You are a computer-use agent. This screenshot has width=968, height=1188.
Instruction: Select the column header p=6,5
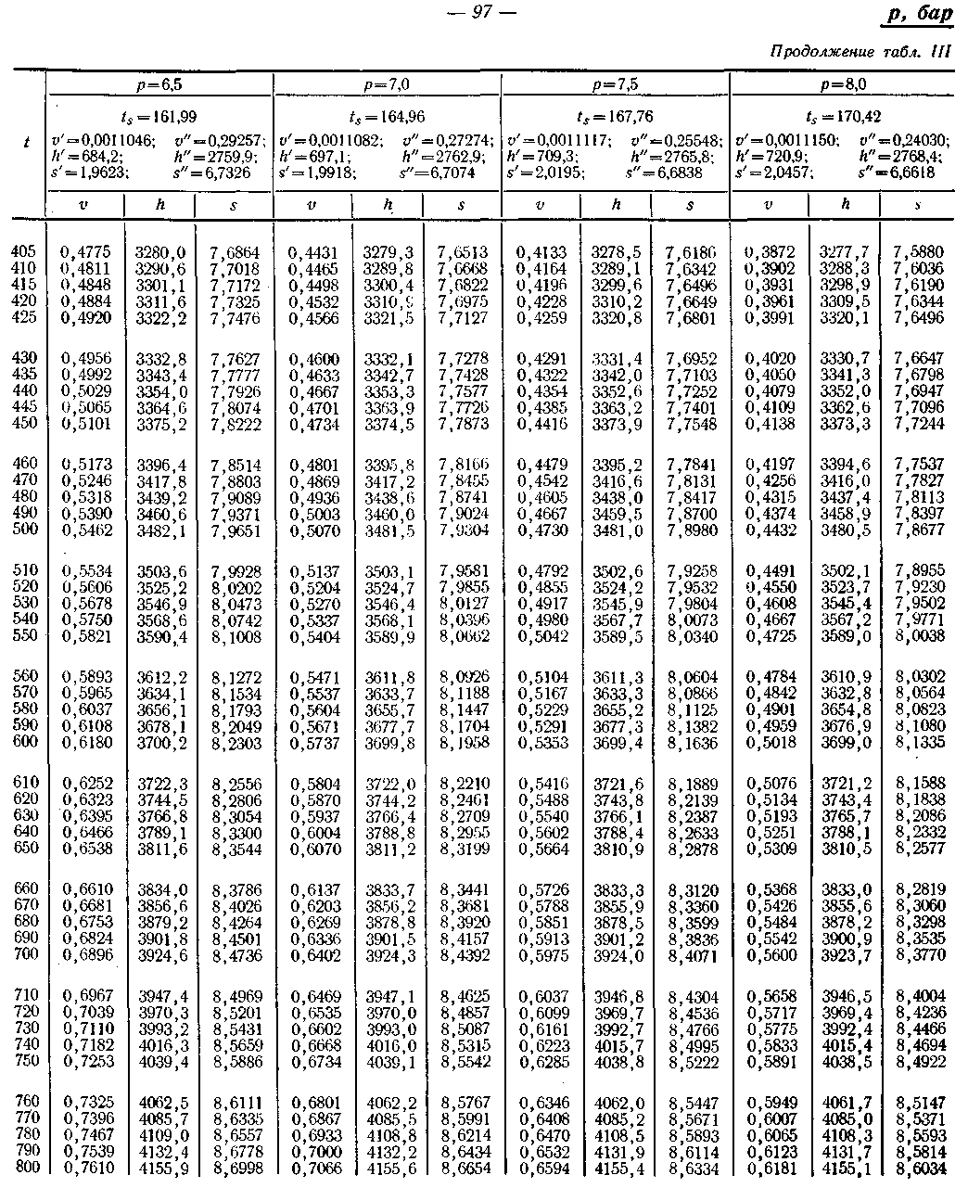pyautogui.click(x=159, y=84)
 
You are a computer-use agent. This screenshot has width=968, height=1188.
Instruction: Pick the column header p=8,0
pyautogui.click(x=844, y=84)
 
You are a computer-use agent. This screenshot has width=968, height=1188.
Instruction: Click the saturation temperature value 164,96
pyautogui.click(x=388, y=118)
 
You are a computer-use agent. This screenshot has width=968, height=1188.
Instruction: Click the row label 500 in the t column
pyautogui.click(x=26, y=530)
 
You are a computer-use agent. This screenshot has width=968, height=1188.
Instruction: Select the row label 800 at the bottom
pyautogui.click(x=26, y=1167)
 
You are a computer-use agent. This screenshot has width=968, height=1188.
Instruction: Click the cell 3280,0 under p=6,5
pyautogui.click(x=160, y=251)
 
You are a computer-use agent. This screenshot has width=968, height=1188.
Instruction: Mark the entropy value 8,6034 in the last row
pyautogui.click(x=919, y=1168)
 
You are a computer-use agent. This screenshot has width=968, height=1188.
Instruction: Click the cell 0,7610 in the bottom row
pyautogui.click(x=87, y=1168)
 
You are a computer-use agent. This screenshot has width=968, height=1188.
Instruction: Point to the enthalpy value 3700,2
pyautogui.click(x=161, y=743)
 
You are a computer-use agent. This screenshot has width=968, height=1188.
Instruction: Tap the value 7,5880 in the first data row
pyautogui.click(x=918, y=251)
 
